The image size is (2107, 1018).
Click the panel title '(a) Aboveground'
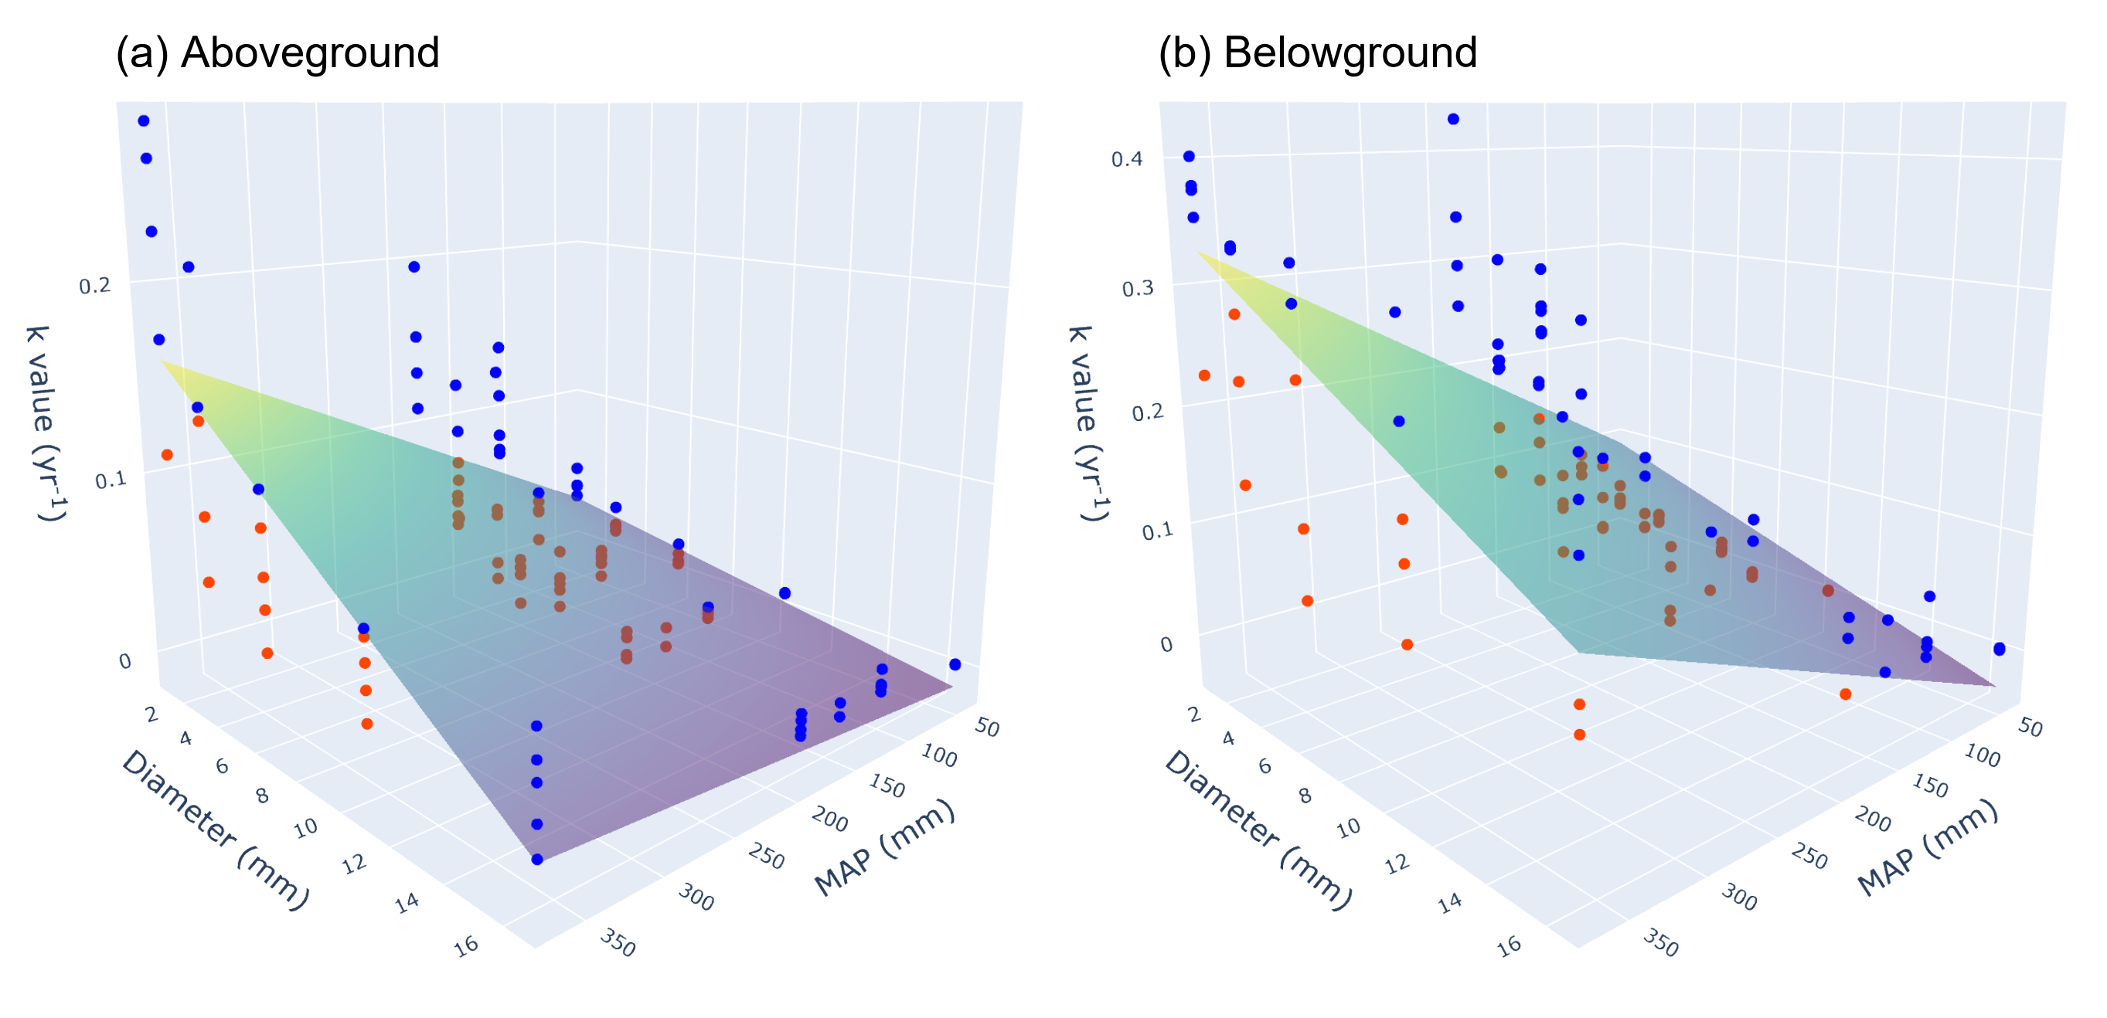point(277,53)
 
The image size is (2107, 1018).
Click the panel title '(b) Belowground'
point(1318,53)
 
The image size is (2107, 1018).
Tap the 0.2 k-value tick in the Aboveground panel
point(94,285)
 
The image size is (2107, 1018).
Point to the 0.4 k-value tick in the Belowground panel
point(1126,158)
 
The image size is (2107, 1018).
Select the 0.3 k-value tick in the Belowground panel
point(1137,288)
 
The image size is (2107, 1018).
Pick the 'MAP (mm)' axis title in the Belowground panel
point(1927,847)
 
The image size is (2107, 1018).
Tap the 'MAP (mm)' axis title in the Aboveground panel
point(884,847)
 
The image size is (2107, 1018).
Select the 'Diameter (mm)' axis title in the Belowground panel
point(1258,829)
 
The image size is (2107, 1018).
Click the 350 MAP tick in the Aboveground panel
point(618,943)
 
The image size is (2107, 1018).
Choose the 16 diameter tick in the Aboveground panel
point(466,946)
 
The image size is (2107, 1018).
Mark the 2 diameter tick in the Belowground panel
point(1194,714)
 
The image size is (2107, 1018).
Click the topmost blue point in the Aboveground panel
point(144,121)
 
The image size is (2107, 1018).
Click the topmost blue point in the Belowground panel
point(1453,120)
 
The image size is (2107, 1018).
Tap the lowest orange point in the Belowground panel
point(1579,735)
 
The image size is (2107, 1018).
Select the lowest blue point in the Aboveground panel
point(537,860)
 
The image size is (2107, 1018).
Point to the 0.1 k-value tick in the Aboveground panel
point(111,479)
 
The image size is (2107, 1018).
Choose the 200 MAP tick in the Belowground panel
point(1872,819)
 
